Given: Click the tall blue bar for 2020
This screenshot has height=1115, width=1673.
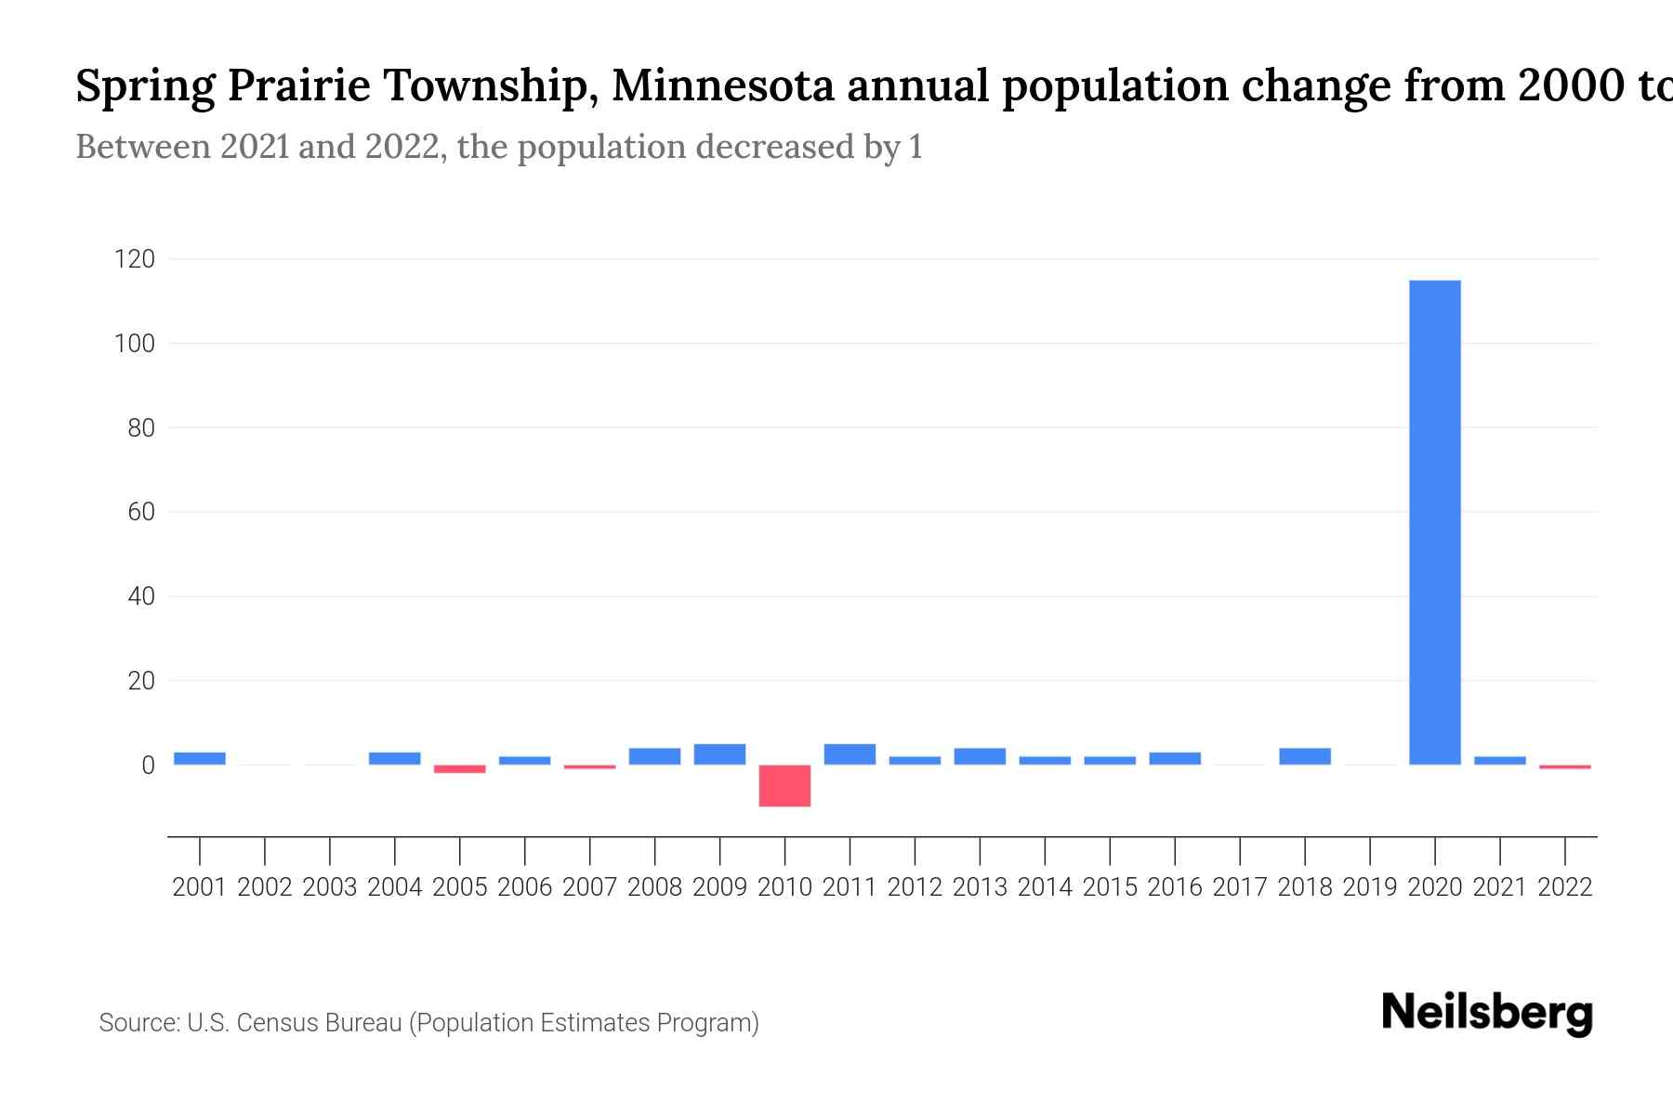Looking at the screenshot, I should coord(1435,522).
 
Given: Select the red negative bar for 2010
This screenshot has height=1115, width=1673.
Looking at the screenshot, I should coord(784,785).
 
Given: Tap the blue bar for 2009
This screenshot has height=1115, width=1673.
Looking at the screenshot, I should coord(719,754).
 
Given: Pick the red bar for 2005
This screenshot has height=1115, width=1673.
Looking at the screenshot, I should coord(460,768).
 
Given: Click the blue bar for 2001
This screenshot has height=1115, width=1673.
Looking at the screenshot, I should coord(200,758).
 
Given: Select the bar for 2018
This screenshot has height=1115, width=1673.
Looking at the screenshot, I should coord(1305,756).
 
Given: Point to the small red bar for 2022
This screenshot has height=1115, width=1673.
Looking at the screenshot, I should coord(1565,767).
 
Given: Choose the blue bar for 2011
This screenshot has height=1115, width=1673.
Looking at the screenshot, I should coord(850,754).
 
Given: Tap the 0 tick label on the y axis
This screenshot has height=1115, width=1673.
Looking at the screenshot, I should coord(148,766).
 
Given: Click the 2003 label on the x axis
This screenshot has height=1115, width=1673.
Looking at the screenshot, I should coord(330,887).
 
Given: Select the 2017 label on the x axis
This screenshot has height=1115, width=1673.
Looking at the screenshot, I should coord(1240,887).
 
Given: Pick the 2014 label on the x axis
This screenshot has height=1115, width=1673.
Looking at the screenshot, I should coord(1045,887).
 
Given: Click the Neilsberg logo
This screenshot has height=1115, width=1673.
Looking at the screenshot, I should coord(1487,1013).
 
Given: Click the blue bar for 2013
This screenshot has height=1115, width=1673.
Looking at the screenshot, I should coord(980,756).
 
